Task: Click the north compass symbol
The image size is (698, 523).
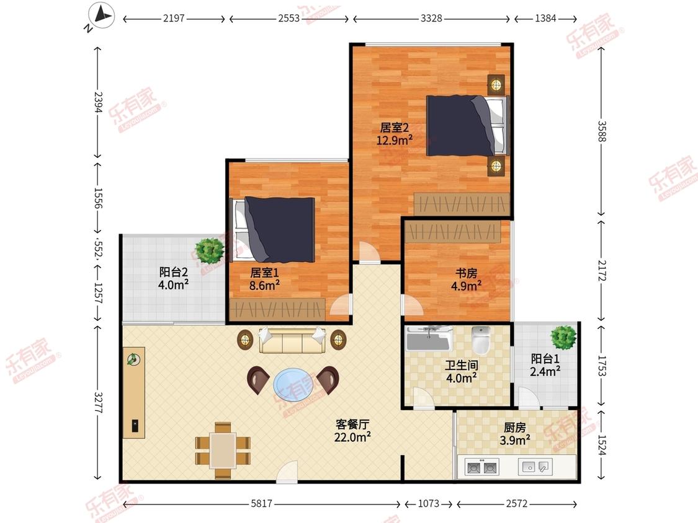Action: (101, 17)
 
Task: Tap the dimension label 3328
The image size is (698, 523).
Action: (431, 18)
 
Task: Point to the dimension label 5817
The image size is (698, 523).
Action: (261, 503)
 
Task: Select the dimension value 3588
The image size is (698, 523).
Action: (601, 131)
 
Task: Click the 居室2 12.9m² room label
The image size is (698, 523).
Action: (395, 134)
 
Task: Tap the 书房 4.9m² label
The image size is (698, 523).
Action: (466, 279)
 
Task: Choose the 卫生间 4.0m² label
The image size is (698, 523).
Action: (462, 372)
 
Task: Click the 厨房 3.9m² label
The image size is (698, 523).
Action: (515, 434)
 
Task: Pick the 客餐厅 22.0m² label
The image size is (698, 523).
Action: (352, 431)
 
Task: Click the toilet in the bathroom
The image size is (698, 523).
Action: (481, 340)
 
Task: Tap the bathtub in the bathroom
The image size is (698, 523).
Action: (429, 339)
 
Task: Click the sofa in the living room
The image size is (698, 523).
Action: (292, 340)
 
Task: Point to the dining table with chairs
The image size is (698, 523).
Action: (223, 450)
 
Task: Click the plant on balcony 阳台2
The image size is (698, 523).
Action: (209, 250)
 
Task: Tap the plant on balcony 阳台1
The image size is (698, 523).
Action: (563, 337)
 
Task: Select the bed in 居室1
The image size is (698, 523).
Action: (272, 229)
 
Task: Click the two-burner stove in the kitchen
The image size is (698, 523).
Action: (481, 467)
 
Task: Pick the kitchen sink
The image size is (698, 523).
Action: (535, 467)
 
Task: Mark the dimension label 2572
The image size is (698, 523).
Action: (516, 503)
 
